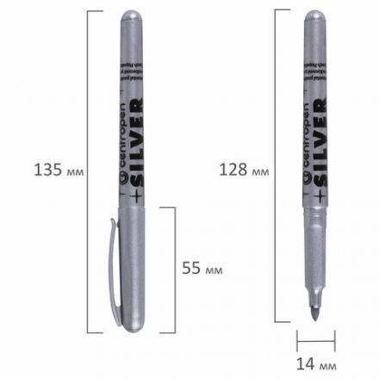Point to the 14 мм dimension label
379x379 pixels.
click(316, 365)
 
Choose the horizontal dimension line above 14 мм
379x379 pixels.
click(315, 339)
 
